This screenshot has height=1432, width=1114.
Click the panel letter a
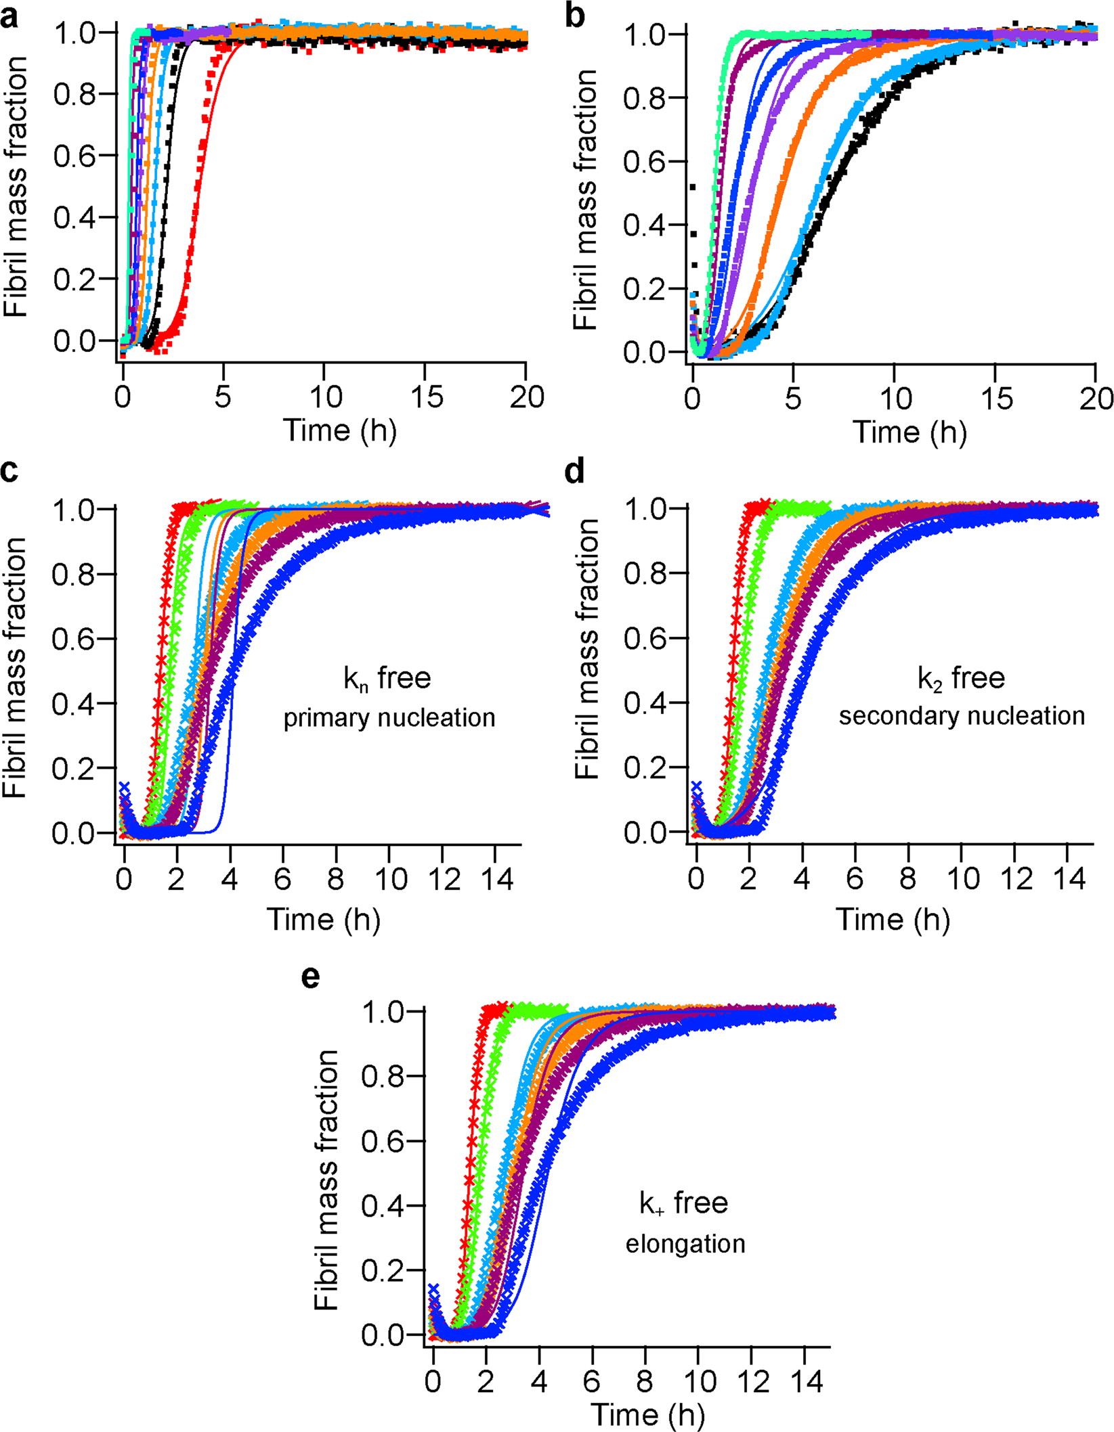click(x=9, y=17)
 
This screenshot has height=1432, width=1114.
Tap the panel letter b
click(x=574, y=17)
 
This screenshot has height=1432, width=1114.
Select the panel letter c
click(x=9, y=470)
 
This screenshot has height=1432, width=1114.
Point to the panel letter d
click(x=574, y=470)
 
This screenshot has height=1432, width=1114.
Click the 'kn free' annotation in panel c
click(x=387, y=679)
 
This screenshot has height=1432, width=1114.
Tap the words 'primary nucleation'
click(x=389, y=718)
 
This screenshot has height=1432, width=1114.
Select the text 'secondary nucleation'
click(x=962, y=716)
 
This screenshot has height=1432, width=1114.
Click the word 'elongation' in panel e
click(x=685, y=1244)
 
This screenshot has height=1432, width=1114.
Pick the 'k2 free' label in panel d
click(x=961, y=679)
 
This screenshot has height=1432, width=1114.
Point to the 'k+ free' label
click(x=683, y=1203)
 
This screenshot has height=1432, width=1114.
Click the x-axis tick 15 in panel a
click(x=426, y=397)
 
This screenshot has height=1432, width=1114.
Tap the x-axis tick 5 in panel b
click(x=793, y=399)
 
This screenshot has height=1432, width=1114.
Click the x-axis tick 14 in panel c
click(x=496, y=879)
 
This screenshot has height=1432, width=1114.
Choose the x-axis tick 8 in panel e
click(x=645, y=1381)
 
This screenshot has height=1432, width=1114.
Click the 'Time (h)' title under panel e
click(x=647, y=1414)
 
